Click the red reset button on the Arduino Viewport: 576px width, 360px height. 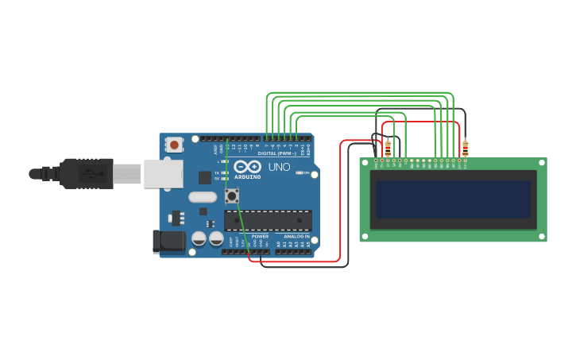(x=173, y=145)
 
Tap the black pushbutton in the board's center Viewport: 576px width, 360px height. (x=232, y=195)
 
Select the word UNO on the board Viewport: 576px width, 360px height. (x=279, y=168)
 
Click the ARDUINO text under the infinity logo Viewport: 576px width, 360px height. (x=246, y=177)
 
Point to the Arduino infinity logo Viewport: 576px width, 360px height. (x=246, y=168)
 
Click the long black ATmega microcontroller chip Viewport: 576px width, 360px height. (x=268, y=221)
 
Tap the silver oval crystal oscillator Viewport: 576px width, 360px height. (x=203, y=197)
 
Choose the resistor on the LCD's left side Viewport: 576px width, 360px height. (x=388, y=148)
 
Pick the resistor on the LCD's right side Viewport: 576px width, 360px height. (x=465, y=148)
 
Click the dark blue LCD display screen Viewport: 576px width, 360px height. (x=453, y=199)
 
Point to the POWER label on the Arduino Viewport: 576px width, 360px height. (x=260, y=236)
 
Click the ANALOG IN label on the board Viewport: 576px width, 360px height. (x=295, y=236)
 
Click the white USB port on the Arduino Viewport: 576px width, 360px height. (x=163, y=173)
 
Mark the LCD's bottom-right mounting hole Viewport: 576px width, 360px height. (x=541, y=236)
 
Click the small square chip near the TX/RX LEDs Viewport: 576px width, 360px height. (x=205, y=177)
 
